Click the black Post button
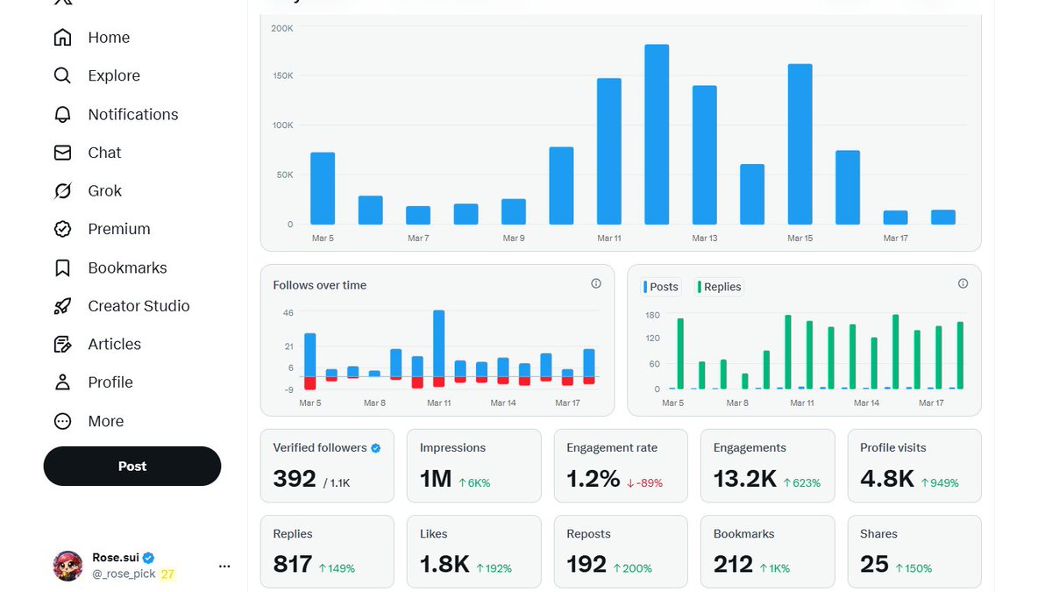click(x=132, y=466)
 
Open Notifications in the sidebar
click(x=132, y=114)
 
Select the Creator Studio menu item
click(x=139, y=306)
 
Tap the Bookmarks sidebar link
click(x=127, y=267)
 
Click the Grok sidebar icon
click(x=62, y=190)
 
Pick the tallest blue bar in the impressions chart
click(x=657, y=134)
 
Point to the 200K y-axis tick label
click(x=282, y=28)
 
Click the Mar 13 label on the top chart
click(x=705, y=238)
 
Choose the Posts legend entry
click(x=663, y=287)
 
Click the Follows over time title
click(x=319, y=285)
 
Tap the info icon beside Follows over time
click(x=596, y=283)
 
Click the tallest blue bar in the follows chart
click(x=438, y=343)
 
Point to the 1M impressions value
click(x=436, y=479)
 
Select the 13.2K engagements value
click(x=744, y=479)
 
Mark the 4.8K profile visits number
click(x=887, y=479)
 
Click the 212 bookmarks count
click(x=733, y=564)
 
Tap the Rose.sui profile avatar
click(x=68, y=566)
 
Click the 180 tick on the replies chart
click(x=652, y=315)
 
